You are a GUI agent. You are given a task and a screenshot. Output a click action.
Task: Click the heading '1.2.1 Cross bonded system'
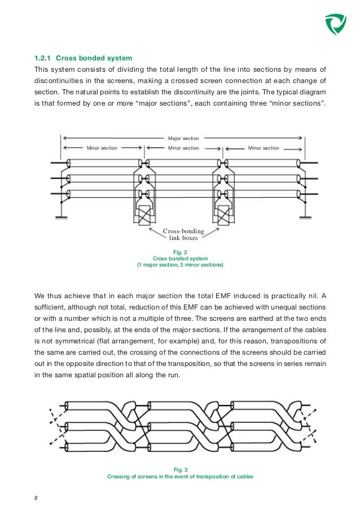[83, 58]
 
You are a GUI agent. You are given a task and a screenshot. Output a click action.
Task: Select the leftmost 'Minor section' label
[102, 148]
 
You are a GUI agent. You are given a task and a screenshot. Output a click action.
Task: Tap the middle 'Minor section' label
[183, 148]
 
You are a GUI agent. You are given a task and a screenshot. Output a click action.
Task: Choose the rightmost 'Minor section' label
[264, 148]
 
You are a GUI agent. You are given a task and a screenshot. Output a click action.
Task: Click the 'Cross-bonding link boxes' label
[183, 234]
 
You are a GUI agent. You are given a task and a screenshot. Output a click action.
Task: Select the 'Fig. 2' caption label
[180, 252]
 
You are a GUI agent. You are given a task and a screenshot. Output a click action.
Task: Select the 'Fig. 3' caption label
[180, 469]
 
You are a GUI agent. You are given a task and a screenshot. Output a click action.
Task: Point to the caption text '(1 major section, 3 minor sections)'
[180, 265]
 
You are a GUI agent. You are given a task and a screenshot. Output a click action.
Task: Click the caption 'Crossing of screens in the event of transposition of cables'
[180, 476]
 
